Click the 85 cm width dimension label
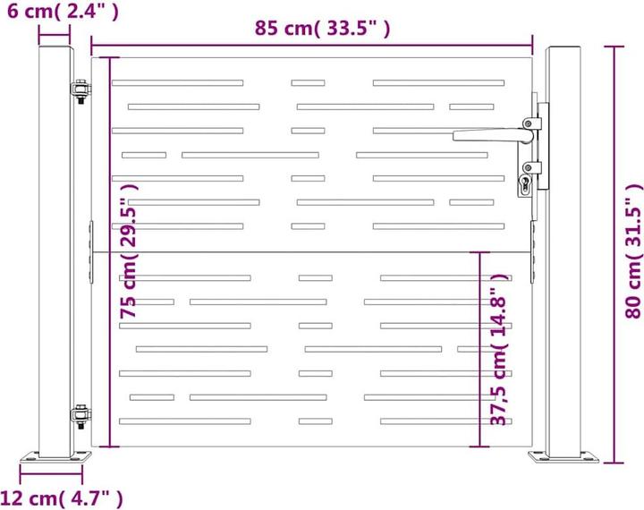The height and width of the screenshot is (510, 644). point(322,28)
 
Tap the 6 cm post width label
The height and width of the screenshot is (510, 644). point(60,12)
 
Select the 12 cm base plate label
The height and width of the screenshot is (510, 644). point(63,497)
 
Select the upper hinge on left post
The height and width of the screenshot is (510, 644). point(80,91)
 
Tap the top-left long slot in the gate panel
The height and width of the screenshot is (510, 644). point(177,83)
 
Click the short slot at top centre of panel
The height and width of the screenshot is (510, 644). point(308,83)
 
